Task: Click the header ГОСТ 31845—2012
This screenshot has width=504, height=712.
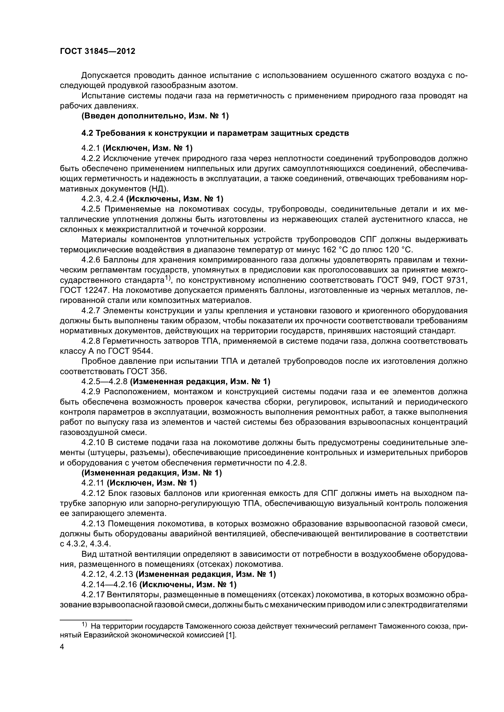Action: click(x=98, y=51)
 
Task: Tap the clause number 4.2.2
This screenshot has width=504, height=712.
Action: click(x=91, y=159)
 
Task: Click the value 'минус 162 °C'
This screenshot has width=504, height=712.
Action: click(x=312, y=250)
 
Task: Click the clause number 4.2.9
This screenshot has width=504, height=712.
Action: click(x=91, y=392)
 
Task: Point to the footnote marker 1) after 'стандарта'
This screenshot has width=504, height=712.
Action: click(x=168, y=278)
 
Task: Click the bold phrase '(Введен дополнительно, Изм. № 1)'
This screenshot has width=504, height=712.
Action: click(x=155, y=116)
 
